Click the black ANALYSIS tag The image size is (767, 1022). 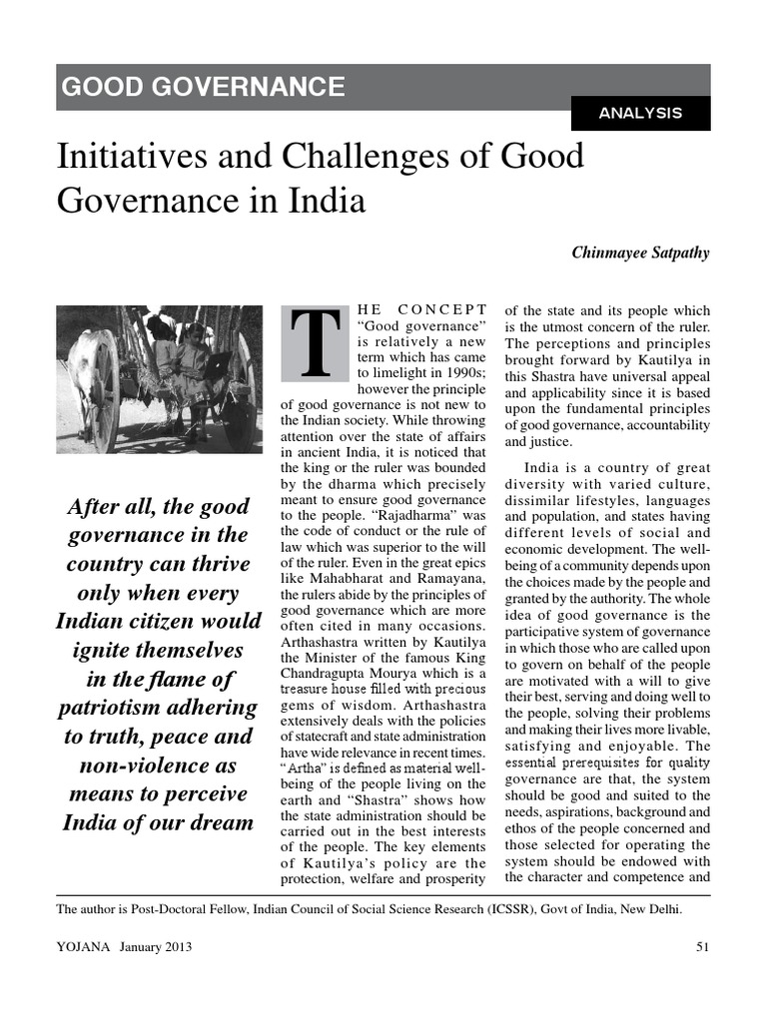[x=640, y=113]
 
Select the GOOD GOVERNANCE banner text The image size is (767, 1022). [x=203, y=87]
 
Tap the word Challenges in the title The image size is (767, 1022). [x=358, y=158]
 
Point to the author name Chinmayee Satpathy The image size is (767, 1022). [x=640, y=253]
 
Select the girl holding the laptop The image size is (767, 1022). [x=195, y=369]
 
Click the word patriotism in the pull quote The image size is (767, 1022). [x=119, y=708]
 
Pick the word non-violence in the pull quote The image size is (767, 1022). [x=155, y=765]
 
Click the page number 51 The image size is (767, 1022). [x=702, y=946]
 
